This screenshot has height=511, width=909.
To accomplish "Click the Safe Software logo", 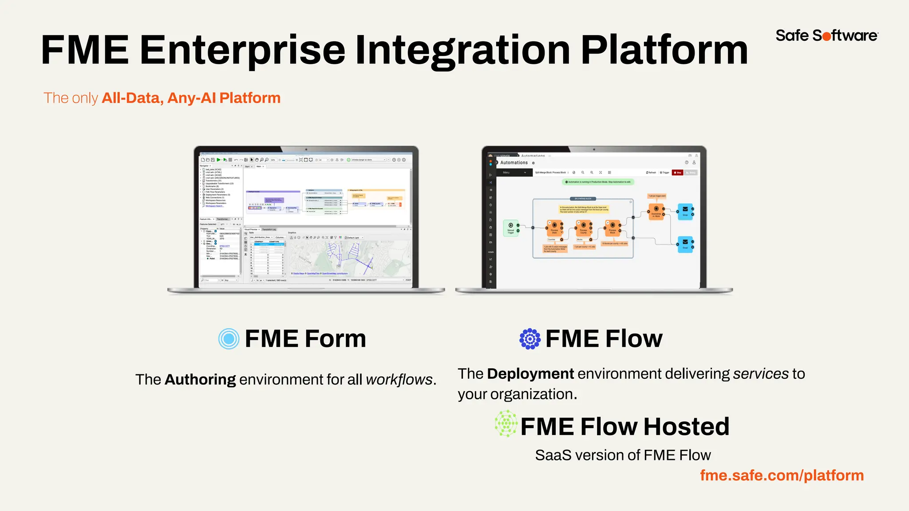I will pyautogui.click(x=826, y=35).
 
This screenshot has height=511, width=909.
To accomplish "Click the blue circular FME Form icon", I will pyautogui.click(x=229, y=339).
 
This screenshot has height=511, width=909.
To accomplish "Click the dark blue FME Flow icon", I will pyautogui.click(x=530, y=339).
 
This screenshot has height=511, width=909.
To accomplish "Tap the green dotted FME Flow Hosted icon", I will pyautogui.click(x=506, y=424).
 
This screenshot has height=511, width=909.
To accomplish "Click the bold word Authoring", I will pyautogui.click(x=200, y=380).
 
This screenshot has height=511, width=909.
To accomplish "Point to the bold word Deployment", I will pyautogui.click(x=530, y=373).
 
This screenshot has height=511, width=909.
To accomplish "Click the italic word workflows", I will pyautogui.click(x=399, y=380).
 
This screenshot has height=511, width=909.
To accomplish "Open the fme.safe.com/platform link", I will pyautogui.click(x=782, y=475).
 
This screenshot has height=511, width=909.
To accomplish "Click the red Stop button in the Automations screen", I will pyautogui.click(x=677, y=173).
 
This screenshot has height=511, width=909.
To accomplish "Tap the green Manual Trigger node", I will pyautogui.click(x=511, y=228).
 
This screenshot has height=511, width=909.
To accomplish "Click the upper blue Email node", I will pyautogui.click(x=685, y=211).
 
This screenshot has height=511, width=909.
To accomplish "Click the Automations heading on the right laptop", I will pyautogui.click(x=514, y=163).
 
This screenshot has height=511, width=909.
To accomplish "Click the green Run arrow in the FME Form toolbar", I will pyautogui.click(x=218, y=160).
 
